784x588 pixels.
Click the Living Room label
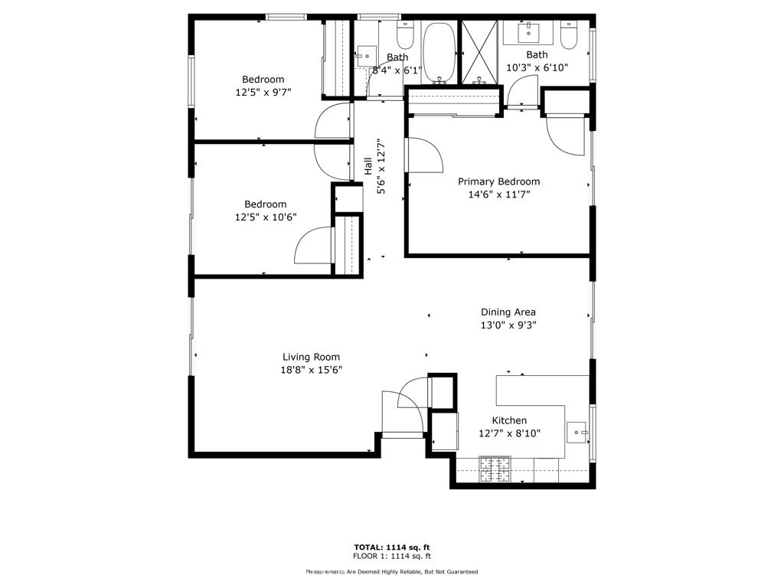pos(311,357)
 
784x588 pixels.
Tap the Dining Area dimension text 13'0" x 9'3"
pos(508,325)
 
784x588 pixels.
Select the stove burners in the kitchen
pos(495,470)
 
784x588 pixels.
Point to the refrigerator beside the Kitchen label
pos(444,431)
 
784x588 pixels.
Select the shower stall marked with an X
pos(480,52)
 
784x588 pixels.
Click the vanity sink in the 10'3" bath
pos(529,33)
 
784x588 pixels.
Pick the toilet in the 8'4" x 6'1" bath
pos(405,35)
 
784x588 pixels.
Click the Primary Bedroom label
pos(498,181)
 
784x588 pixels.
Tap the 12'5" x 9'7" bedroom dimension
pos(263,92)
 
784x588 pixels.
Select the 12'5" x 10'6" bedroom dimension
pos(266,217)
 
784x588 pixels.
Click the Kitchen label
pos(508,420)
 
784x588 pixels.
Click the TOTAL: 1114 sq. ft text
pos(391,547)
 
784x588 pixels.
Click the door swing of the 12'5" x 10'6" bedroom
pos(315,248)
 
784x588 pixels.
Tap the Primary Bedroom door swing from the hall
pos(423,156)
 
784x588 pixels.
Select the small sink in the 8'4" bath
pos(365,54)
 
